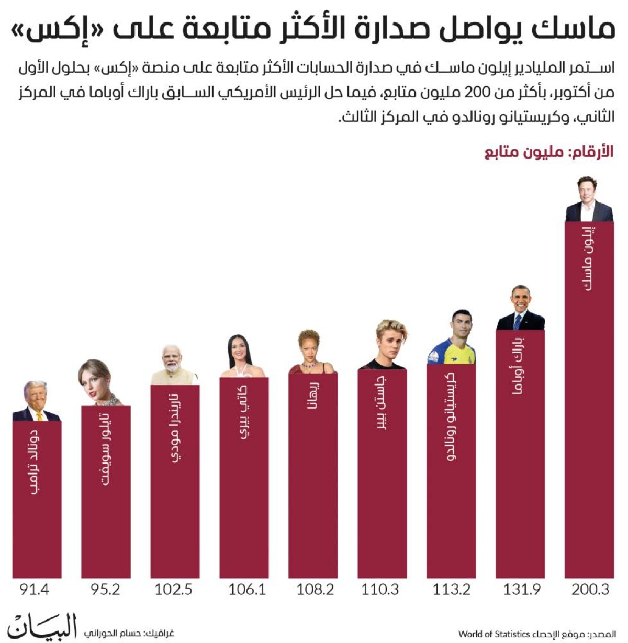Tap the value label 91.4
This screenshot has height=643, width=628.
(35, 590)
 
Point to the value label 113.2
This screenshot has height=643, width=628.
(451, 590)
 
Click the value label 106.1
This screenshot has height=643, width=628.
(247, 590)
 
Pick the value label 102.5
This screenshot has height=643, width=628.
(174, 590)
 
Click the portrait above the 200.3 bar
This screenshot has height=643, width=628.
(589, 199)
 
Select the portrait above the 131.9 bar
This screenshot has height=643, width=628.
(520, 308)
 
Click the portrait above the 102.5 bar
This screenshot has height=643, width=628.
(174, 365)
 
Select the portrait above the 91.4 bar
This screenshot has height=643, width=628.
(36, 402)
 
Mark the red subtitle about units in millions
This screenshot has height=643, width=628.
(548, 152)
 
